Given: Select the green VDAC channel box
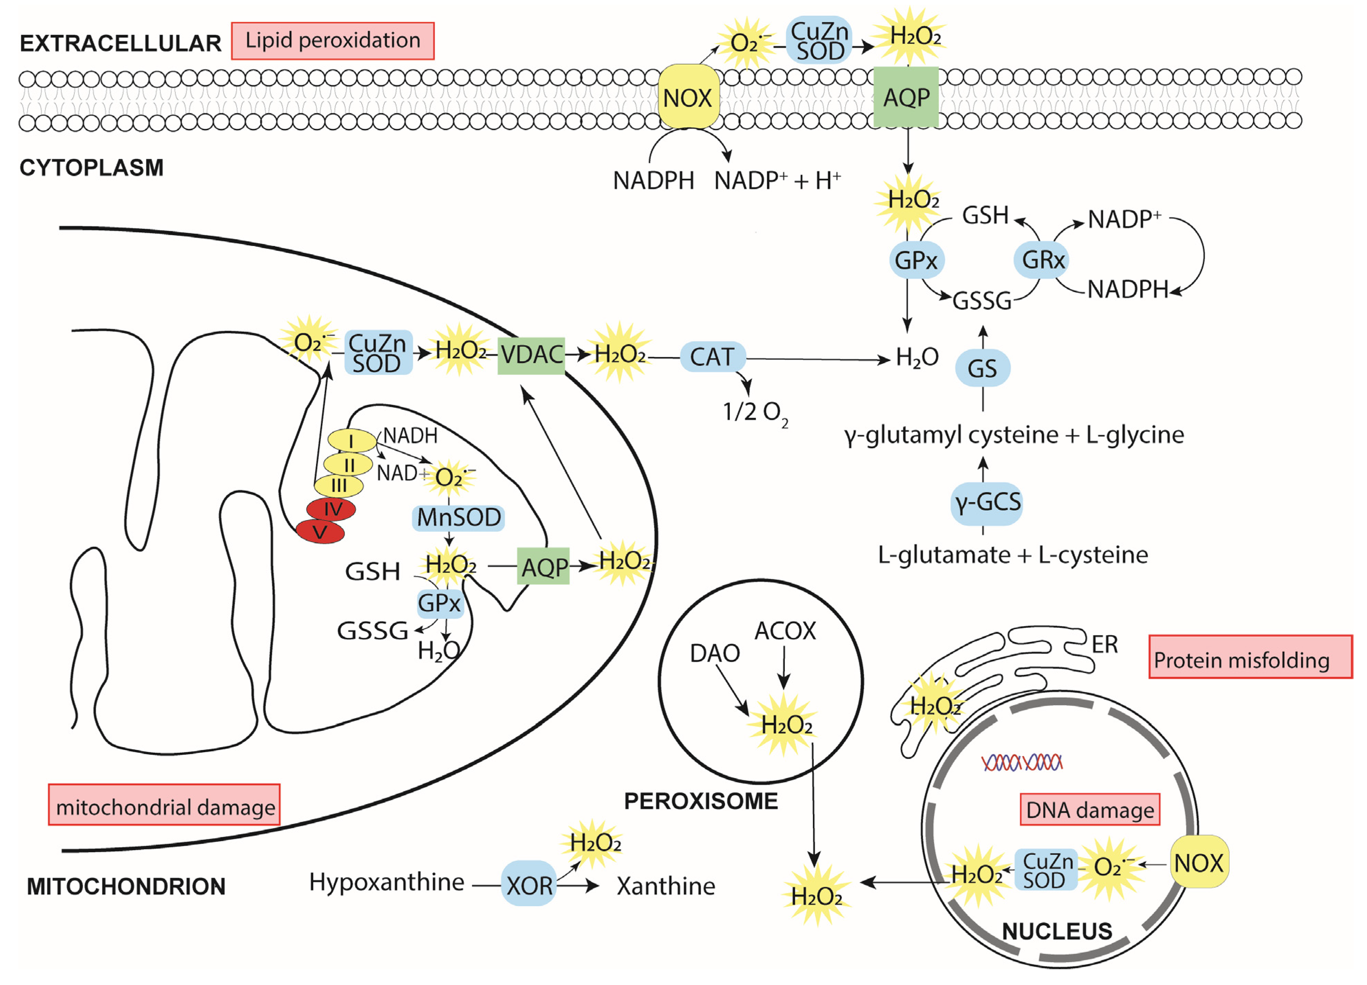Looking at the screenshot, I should (x=531, y=355).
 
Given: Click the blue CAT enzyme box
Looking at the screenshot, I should (x=712, y=357).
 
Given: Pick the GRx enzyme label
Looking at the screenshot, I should (x=1043, y=260).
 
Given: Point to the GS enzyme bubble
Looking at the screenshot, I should (x=982, y=368).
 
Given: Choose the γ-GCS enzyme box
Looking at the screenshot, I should (x=987, y=502).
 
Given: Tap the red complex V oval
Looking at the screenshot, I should (x=320, y=532).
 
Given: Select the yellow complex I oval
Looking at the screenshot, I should (x=351, y=441).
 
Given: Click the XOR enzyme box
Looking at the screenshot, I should (x=529, y=885).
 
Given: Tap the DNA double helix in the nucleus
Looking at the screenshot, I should (x=1021, y=763).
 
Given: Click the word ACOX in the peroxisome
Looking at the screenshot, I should (x=785, y=631).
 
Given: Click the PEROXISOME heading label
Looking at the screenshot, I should (x=701, y=801).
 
